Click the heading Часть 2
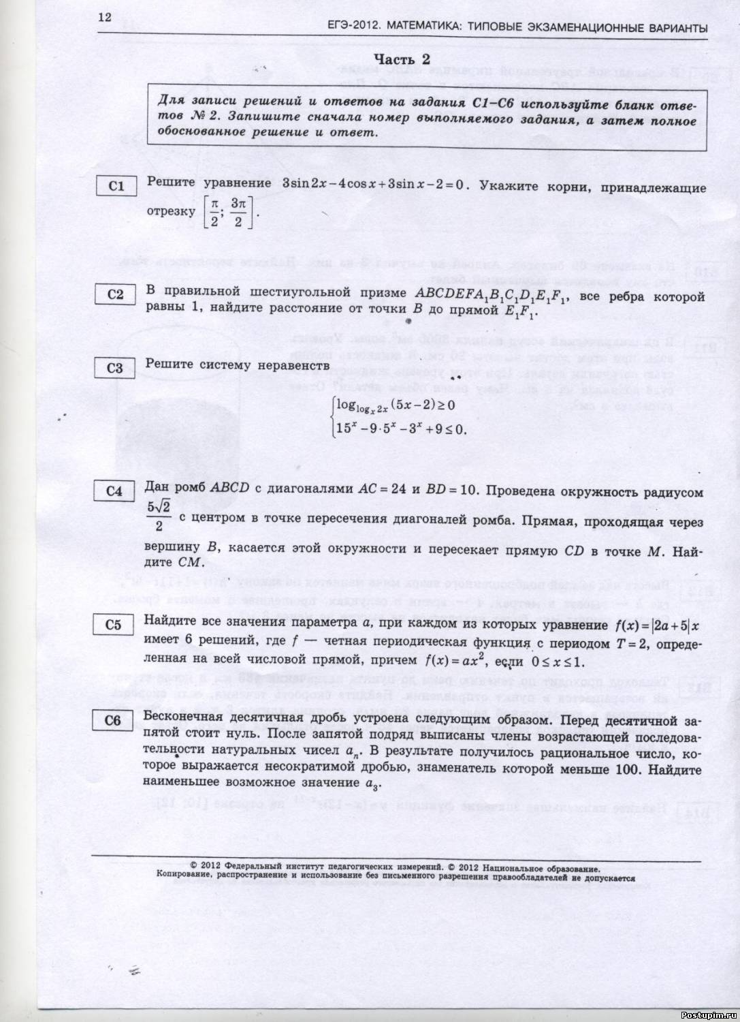pos(402,60)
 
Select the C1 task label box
pos(116,186)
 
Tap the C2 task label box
pos(116,294)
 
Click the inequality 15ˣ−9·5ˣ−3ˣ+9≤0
pos(401,429)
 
